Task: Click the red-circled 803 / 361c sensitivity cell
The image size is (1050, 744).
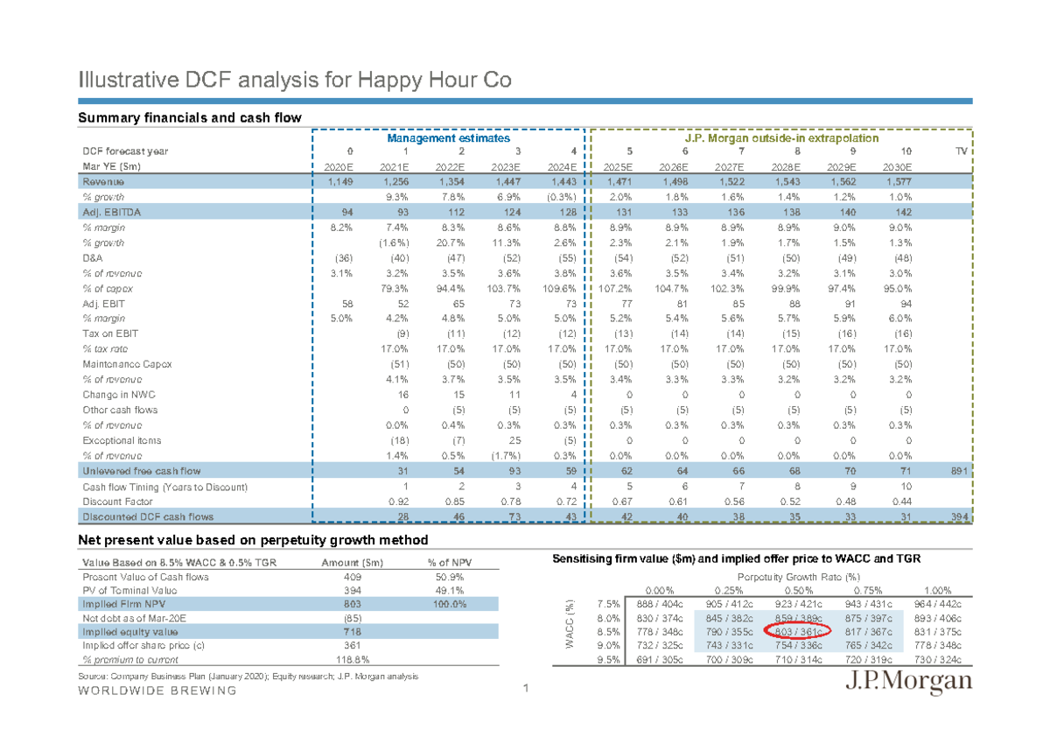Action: (x=798, y=632)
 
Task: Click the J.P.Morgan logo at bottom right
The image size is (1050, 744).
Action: (x=908, y=684)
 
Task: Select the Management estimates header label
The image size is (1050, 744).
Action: (x=450, y=138)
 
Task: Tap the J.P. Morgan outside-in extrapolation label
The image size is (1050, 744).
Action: (x=782, y=138)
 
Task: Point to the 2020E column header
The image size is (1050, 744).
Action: (x=339, y=166)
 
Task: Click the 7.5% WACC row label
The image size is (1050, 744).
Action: (x=609, y=604)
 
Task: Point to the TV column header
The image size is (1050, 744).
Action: (x=961, y=151)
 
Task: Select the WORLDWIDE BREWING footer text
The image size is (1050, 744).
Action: (x=157, y=691)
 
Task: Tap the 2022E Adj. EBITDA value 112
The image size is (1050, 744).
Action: (x=449, y=212)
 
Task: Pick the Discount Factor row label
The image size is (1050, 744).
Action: (x=117, y=502)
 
